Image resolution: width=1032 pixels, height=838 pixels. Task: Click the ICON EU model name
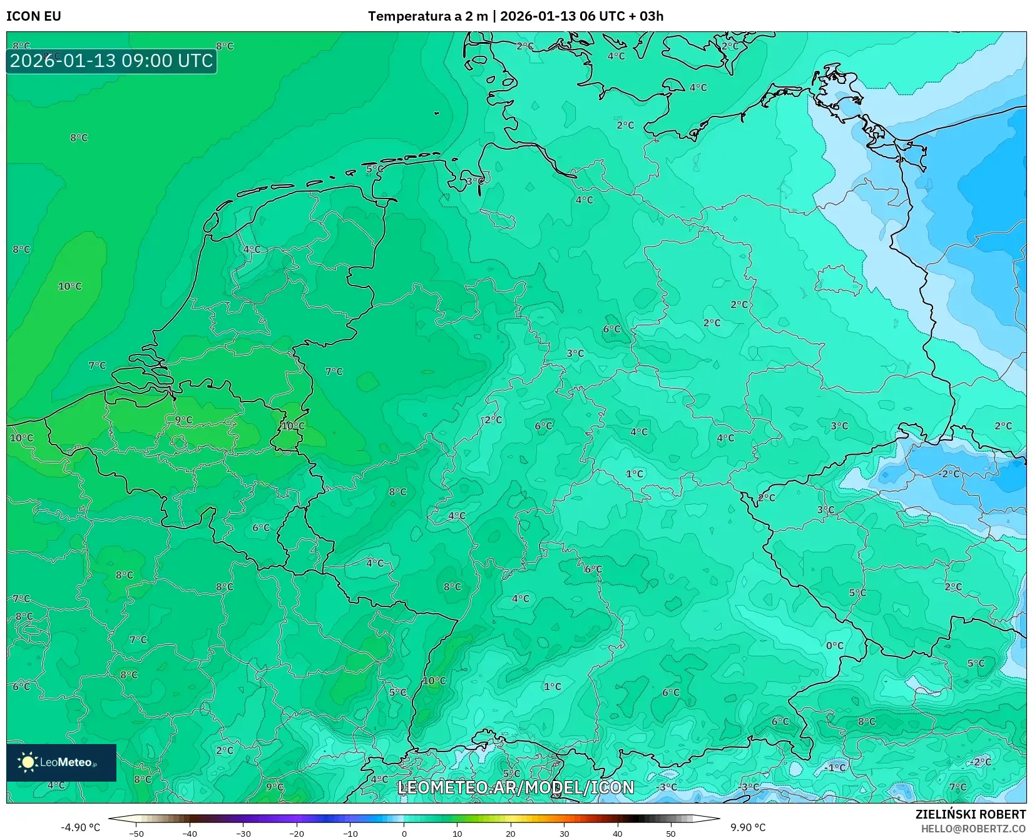point(34,16)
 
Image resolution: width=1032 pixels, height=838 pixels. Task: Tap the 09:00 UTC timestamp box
point(111,61)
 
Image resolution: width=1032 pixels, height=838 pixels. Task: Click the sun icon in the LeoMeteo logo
point(28,762)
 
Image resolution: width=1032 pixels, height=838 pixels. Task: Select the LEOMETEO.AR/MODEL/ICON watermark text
point(516,787)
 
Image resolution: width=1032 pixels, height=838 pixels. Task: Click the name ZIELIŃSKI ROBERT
point(971,814)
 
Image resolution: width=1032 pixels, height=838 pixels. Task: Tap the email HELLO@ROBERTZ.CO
point(973,828)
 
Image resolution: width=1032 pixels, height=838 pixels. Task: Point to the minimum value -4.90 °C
point(80,827)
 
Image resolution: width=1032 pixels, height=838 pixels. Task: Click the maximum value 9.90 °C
point(748,827)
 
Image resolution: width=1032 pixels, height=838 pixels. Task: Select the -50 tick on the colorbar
point(136,834)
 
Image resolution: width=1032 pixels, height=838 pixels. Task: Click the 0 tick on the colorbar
point(404,834)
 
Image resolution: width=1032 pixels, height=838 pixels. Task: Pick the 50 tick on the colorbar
point(671,834)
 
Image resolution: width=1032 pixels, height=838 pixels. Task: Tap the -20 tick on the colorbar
point(297,834)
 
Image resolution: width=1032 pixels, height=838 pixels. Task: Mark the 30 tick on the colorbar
point(564,834)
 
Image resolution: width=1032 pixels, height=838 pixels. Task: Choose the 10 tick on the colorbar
point(457,834)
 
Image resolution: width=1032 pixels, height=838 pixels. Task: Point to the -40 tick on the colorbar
point(190,834)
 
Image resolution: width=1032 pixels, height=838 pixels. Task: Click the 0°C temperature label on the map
point(835,646)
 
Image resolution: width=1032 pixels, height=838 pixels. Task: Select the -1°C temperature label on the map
point(834,767)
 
